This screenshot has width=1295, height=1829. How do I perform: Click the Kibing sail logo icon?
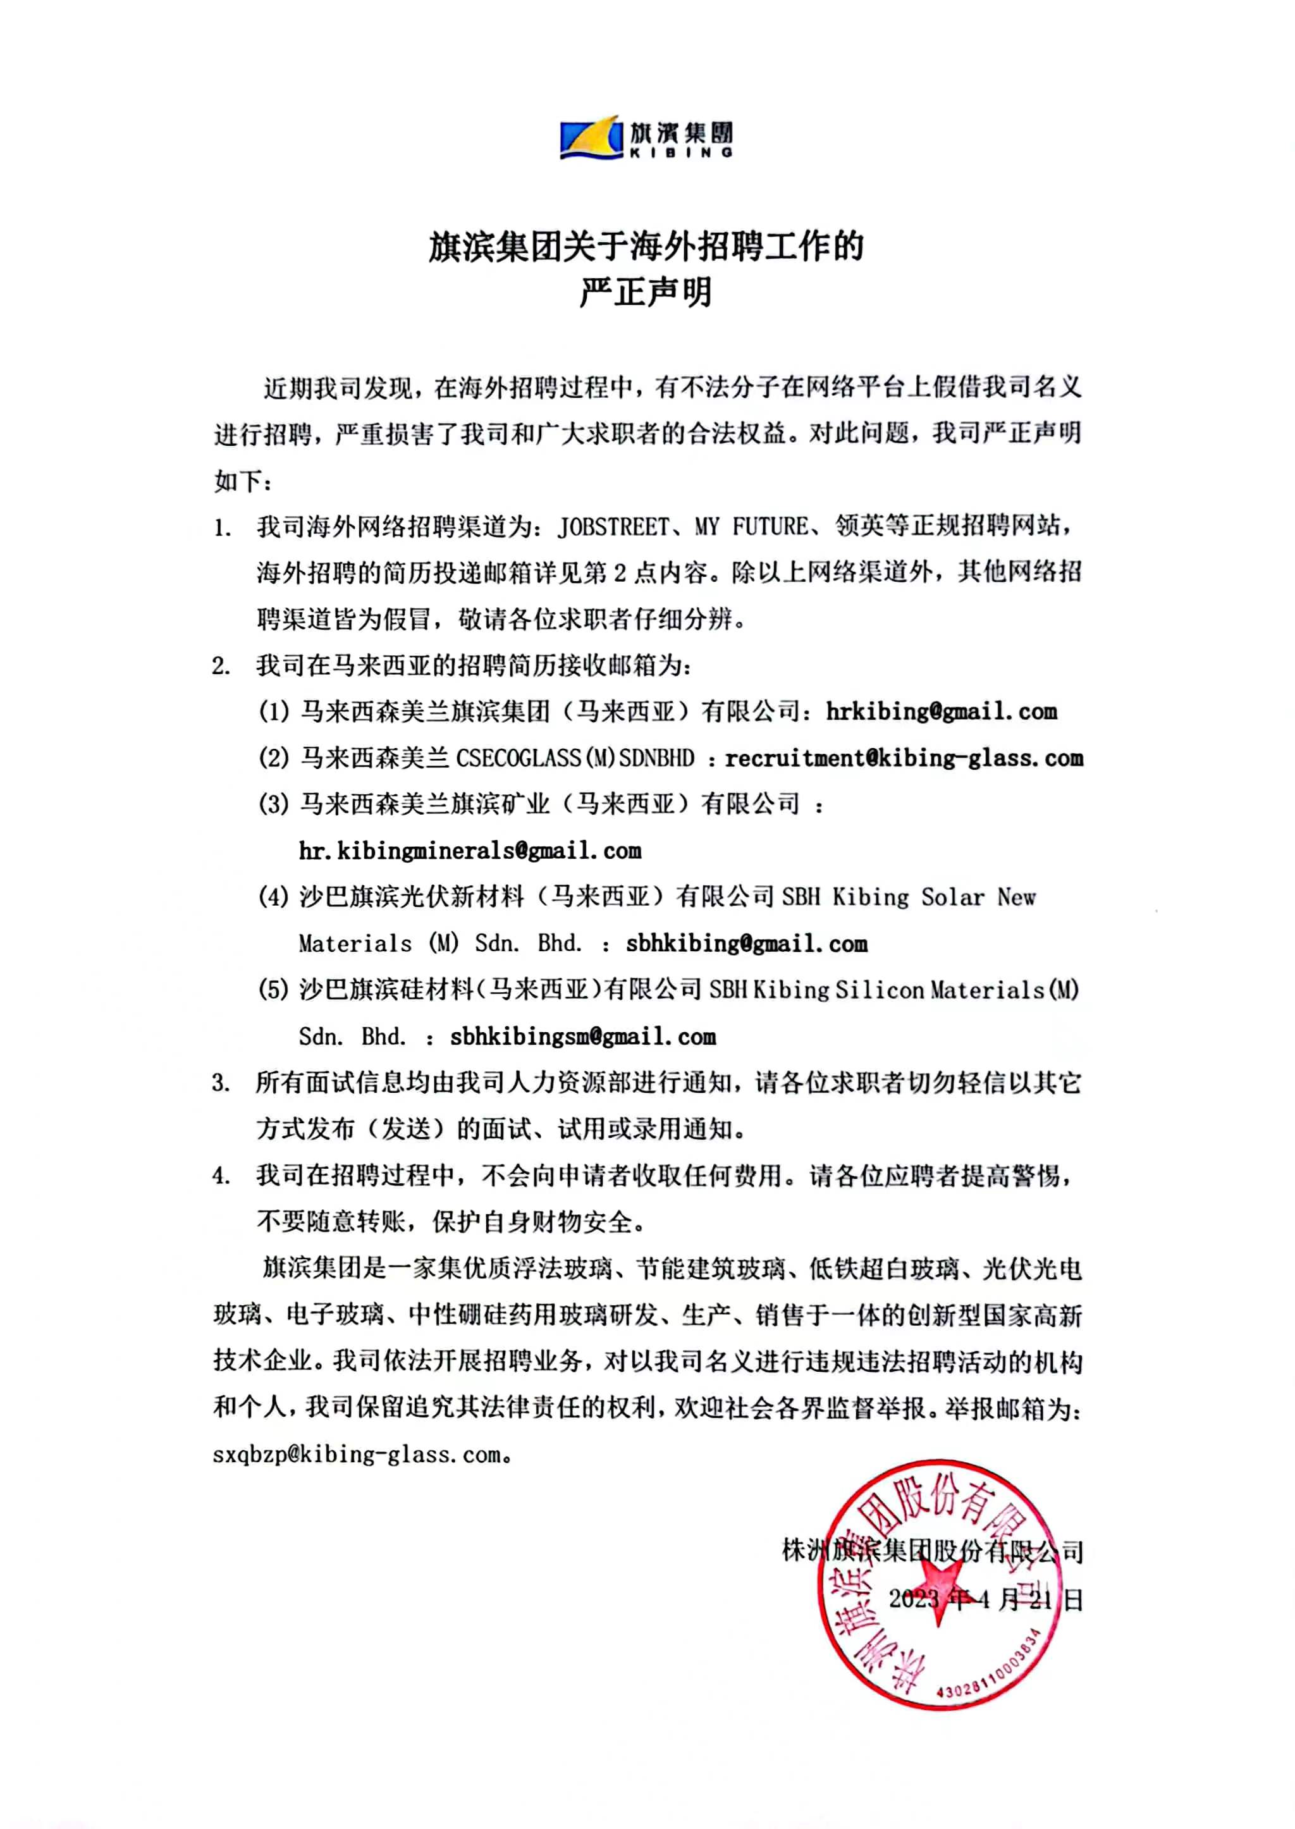591,138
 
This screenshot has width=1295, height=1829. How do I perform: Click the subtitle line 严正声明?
646,293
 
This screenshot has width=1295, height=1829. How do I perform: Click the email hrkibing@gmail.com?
941,711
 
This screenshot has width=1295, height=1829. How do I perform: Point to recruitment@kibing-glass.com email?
904,758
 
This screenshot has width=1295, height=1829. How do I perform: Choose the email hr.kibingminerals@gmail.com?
470,851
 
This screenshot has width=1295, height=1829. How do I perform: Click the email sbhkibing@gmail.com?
746,944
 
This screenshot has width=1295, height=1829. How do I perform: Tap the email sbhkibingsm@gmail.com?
583,1037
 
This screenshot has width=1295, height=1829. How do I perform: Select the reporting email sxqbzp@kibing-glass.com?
357,1454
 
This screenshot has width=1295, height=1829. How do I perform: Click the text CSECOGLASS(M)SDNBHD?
575,758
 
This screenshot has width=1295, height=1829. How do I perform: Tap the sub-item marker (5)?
273,990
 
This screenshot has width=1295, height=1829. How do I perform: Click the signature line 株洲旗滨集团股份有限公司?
933,1551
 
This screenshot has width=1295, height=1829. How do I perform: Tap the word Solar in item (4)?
952,897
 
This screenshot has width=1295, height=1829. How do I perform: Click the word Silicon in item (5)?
879,990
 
